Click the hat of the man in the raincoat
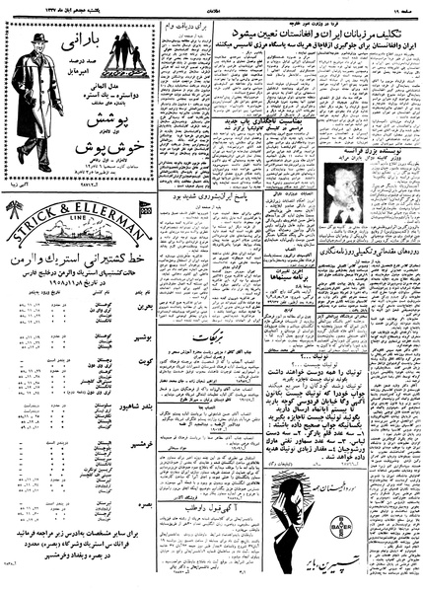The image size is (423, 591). click(40, 39)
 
